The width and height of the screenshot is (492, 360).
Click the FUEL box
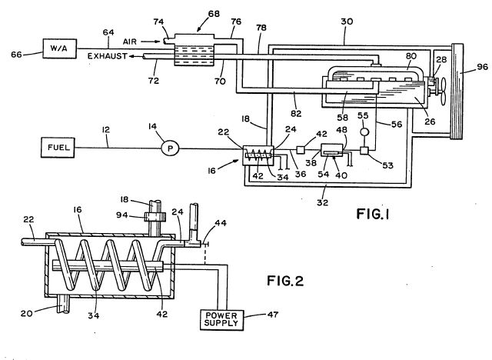point(58,147)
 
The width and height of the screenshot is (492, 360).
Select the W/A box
point(60,48)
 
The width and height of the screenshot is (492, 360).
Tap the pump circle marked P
point(170,148)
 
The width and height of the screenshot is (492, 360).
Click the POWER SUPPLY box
point(221,319)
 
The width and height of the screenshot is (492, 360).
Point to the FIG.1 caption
point(373,214)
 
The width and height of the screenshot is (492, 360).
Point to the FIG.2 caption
point(285,281)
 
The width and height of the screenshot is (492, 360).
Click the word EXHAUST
point(108,56)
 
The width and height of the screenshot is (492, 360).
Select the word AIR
point(130,42)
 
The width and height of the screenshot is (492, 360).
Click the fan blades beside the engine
point(443,92)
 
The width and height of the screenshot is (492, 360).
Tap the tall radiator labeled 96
point(457,92)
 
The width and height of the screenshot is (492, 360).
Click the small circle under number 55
point(364,132)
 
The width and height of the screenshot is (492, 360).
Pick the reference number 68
point(214,14)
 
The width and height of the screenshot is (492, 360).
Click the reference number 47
point(273,314)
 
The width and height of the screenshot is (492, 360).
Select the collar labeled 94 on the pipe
point(155,217)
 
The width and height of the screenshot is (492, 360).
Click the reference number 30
point(347,22)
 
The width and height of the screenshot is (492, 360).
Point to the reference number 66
point(16,55)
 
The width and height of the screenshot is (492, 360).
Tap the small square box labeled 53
point(364,150)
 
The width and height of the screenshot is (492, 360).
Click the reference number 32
point(322,203)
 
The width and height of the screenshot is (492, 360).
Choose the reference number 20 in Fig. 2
point(27,313)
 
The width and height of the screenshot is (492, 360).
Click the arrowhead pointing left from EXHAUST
point(131,56)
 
